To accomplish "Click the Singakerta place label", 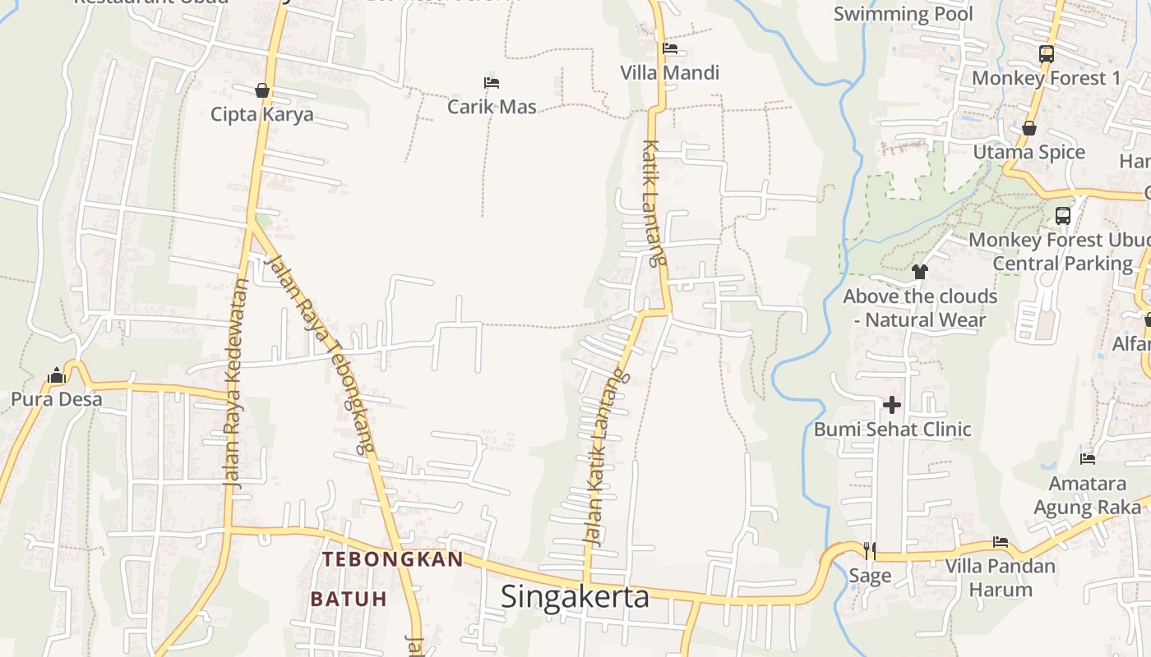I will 575,596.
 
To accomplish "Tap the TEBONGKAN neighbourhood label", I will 393,559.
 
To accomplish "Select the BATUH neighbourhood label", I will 349,599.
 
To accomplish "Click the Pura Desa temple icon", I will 56,376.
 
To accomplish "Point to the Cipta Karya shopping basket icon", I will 262,90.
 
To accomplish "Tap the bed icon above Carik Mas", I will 492,83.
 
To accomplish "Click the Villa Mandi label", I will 669,72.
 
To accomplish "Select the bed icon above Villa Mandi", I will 670,48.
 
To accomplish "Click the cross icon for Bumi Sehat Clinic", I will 892,405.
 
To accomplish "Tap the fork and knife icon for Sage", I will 870,550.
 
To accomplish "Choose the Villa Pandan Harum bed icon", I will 1001,542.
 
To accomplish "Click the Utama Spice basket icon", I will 1029,128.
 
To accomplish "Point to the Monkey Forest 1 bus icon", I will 1046,54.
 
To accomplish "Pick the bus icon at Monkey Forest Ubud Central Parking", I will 1063,216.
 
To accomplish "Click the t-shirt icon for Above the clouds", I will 920,272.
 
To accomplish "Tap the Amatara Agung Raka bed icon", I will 1088,459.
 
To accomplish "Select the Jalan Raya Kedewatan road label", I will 237,384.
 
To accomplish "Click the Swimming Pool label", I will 903,14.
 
